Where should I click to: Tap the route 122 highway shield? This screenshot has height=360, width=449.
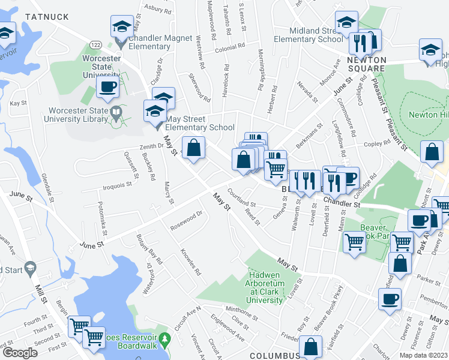point(95,44)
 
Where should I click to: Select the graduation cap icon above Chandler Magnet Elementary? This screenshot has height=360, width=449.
point(121,27)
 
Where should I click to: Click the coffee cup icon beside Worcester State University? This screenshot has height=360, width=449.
point(107,88)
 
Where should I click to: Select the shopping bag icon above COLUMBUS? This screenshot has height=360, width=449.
point(310,347)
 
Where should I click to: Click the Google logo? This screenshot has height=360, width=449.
point(20,353)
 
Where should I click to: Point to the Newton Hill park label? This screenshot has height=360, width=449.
point(428,115)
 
